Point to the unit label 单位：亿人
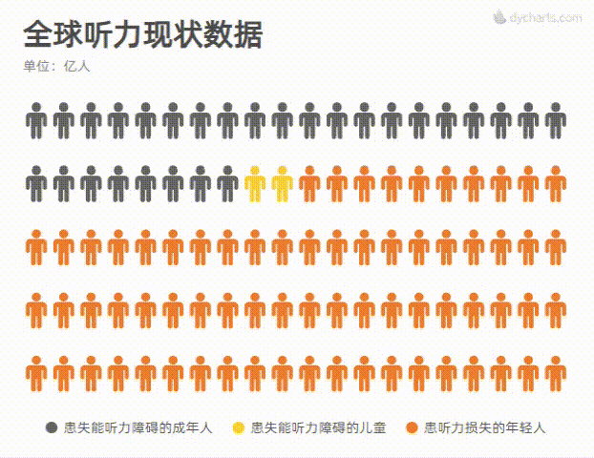coord(56,67)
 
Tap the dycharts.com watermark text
coord(545,17)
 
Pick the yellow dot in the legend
coord(238,427)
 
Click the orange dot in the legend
coord(412,427)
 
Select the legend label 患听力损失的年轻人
coord(483,427)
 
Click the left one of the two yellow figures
coord(255,183)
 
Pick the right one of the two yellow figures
coord(282,183)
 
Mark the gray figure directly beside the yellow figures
coord(227,183)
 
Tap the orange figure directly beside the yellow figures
coord(309,183)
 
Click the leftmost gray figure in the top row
coord(36,120)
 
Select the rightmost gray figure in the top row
coord(556,120)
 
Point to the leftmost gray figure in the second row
coord(36,183)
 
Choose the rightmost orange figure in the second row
coord(556,183)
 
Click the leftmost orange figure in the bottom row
coord(36,373)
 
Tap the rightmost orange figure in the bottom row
coord(556,373)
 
